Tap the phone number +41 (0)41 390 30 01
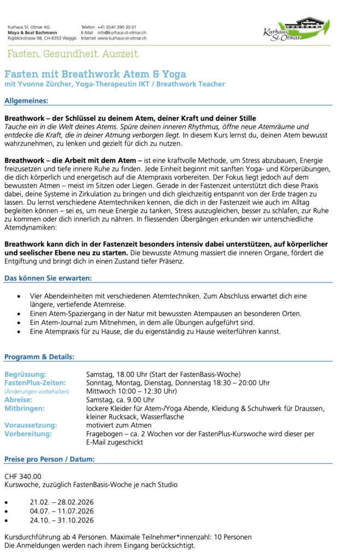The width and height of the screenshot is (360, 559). point(117,27)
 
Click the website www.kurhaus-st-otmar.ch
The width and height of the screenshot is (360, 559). point(122,39)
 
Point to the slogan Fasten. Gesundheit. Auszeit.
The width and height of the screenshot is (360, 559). point(73,54)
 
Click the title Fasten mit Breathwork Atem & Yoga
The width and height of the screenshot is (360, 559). point(95,74)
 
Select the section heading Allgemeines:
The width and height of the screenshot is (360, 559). point(26,100)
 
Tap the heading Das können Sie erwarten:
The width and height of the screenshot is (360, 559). point(48,278)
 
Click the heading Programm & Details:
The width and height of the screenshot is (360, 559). point(39,357)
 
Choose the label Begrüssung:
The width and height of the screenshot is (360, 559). point(25,374)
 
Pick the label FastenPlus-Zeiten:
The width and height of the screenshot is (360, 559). point(35,383)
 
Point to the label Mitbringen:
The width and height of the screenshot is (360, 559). point(25,408)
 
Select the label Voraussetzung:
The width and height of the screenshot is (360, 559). point(31,425)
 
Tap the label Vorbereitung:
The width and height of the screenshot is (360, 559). point(28,433)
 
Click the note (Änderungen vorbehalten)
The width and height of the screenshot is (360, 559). point(37,391)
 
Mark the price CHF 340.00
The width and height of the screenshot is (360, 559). point(23,477)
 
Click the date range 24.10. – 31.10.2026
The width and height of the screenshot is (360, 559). point(62,520)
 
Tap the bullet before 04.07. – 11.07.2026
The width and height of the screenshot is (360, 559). point(6,512)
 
